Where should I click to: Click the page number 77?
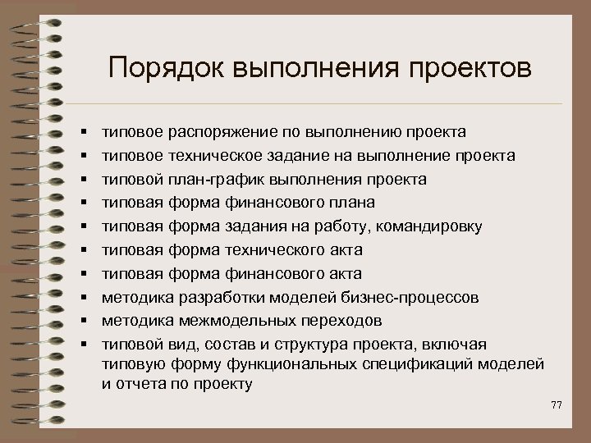click(x=557, y=404)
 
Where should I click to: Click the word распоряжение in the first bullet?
click(x=213, y=131)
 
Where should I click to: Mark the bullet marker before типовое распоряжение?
click(x=85, y=132)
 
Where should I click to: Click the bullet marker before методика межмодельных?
click(x=85, y=321)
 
